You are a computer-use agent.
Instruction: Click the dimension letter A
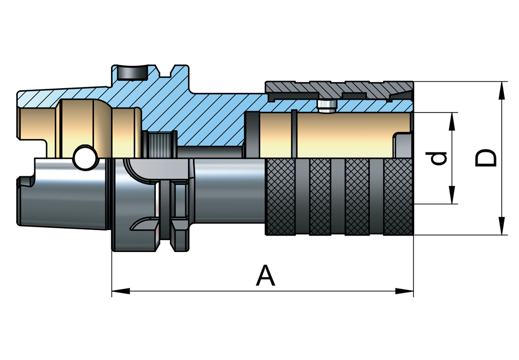click(265, 275)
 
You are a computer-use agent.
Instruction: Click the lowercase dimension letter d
click(439, 158)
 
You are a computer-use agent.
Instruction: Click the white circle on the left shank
click(84, 158)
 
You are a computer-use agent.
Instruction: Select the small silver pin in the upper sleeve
click(325, 106)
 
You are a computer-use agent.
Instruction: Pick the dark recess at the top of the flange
click(130, 73)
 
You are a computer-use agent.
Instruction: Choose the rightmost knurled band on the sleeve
click(399, 197)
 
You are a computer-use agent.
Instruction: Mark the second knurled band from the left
click(320, 197)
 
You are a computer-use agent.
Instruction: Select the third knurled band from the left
click(357, 197)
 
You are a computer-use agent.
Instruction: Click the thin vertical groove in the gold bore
click(294, 134)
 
